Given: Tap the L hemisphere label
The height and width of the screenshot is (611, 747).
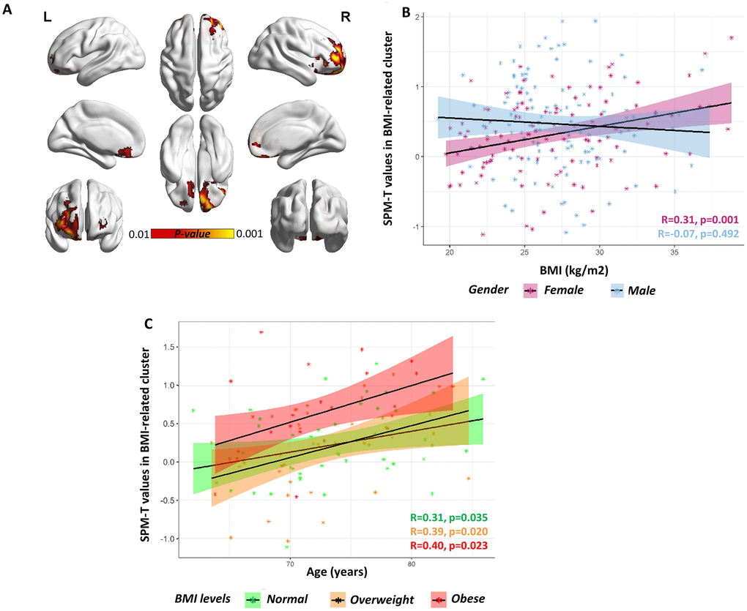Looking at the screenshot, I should point(48,17).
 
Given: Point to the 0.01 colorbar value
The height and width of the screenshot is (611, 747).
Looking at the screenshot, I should point(138,234).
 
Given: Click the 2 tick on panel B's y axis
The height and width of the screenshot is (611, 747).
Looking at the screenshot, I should point(417,16).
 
